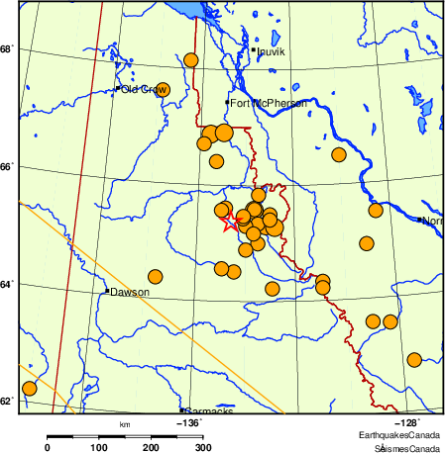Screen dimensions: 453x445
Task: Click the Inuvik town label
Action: click(x=271, y=51)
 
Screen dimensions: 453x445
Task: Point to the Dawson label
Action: click(x=130, y=293)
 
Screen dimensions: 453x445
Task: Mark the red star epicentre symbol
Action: click(x=231, y=223)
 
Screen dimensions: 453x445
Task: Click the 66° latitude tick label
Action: click(x=7, y=167)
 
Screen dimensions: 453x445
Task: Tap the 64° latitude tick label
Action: click(x=7, y=285)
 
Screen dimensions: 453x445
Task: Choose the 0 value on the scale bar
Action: click(x=48, y=447)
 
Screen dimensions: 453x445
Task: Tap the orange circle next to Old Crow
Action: click(x=164, y=90)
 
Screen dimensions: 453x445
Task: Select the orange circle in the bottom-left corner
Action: click(x=29, y=388)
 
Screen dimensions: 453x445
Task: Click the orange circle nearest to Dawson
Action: click(x=155, y=277)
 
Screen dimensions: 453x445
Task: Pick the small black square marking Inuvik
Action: click(x=254, y=49)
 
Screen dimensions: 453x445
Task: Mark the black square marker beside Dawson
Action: click(x=107, y=291)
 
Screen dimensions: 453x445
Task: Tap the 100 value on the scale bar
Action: click(x=99, y=447)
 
